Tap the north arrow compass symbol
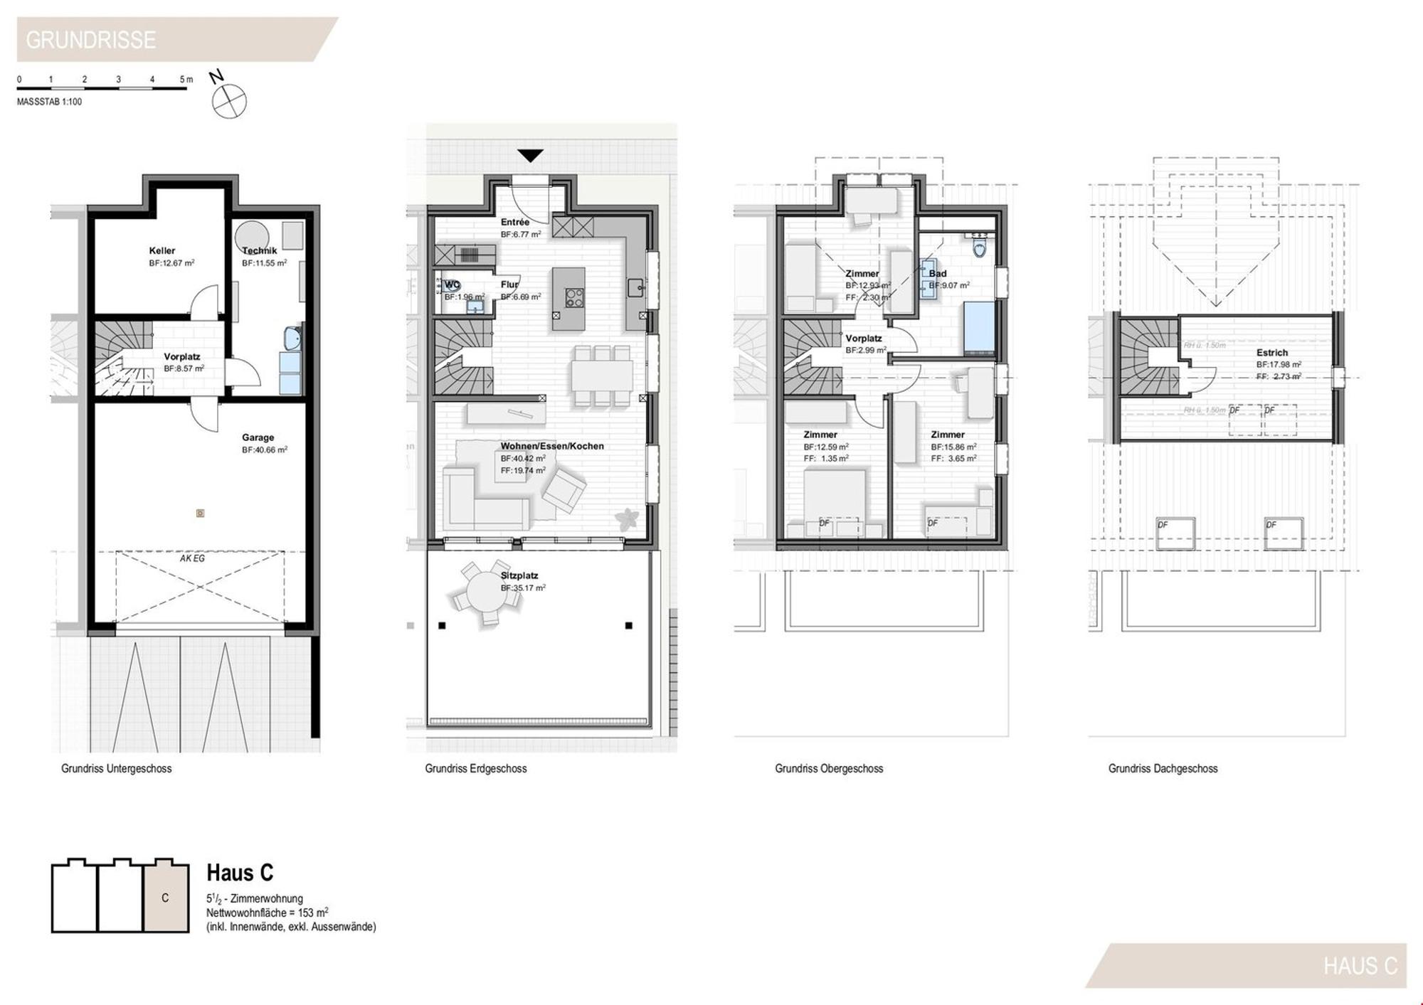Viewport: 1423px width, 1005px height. click(228, 100)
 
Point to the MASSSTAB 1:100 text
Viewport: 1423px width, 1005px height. click(49, 102)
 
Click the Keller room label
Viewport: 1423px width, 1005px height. click(162, 250)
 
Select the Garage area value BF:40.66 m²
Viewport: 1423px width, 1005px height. click(265, 450)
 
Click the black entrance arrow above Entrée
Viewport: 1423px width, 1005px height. click(530, 155)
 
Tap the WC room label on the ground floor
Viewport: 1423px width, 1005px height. click(452, 285)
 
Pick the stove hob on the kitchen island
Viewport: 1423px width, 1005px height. click(574, 298)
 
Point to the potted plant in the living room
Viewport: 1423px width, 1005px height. click(627, 519)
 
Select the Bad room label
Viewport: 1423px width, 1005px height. click(938, 273)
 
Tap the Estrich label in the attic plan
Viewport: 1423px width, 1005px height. click(1271, 352)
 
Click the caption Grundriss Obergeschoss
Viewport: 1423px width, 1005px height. click(829, 768)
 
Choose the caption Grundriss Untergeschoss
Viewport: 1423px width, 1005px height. click(116, 768)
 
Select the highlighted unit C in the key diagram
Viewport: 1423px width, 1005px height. click(166, 898)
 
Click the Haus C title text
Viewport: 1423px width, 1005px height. click(240, 873)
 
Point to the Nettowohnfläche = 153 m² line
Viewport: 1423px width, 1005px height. click(268, 913)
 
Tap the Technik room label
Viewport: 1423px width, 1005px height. click(260, 250)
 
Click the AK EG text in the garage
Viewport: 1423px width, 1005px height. click(192, 558)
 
